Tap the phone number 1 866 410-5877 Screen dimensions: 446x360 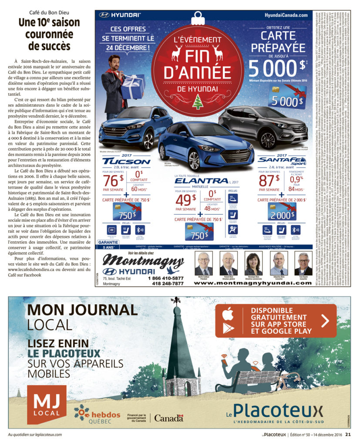[165, 278]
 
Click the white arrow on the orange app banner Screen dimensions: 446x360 [325, 321]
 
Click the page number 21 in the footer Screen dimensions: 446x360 [348, 434]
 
